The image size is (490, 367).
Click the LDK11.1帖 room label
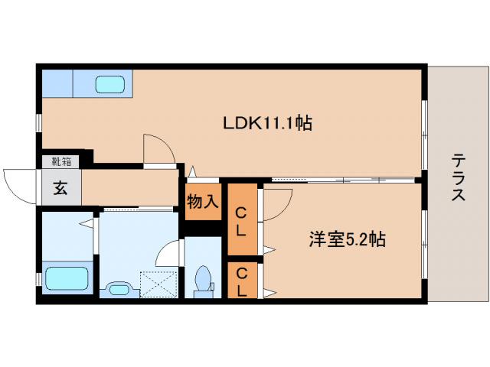pyautogui.click(x=266, y=122)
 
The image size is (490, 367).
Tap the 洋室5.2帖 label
pyautogui.click(x=346, y=239)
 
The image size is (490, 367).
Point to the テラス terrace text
pyautogui.click(x=457, y=177)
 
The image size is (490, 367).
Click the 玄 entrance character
pyautogui.click(x=60, y=188)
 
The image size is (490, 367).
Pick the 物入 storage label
pyautogui.click(x=203, y=202)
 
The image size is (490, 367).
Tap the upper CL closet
pyautogui.click(x=241, y=220)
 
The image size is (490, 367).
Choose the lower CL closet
pyautogui.click(x=241, y=281)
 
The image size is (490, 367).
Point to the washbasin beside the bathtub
pyautogui.click(x=119, y=288)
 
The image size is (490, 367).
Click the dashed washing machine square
pyautogui.click(x=158, y=284)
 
